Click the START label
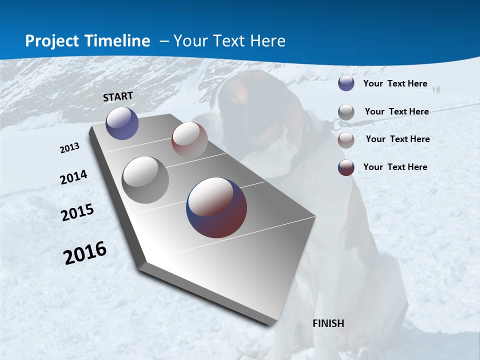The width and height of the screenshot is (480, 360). point(118,96)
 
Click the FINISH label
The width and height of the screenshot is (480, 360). point(328,323)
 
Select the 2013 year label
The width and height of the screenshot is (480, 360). point(70,148)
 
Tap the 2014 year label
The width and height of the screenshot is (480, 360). point(73,177)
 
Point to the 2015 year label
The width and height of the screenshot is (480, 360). point(77,212)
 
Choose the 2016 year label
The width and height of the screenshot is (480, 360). point(85,253)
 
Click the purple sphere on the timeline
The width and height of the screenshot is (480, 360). point(122,123)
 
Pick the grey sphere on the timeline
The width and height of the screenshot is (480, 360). point(145,180)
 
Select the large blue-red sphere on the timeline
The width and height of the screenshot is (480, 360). point(216,207)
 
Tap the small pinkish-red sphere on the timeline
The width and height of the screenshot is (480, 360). point(189,139)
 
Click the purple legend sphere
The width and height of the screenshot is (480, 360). point(346,83)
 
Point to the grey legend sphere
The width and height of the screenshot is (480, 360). point(346,111)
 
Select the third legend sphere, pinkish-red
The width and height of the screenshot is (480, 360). point(346,139)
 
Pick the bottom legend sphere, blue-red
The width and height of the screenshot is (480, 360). point(346,167)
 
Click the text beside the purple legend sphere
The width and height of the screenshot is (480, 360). point(395,83)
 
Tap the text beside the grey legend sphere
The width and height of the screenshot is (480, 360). point(396,111)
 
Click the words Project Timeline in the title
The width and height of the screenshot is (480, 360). point(87,41)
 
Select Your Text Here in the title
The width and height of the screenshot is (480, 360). point(229,41)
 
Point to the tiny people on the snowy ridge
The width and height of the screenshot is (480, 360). point(436,89)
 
